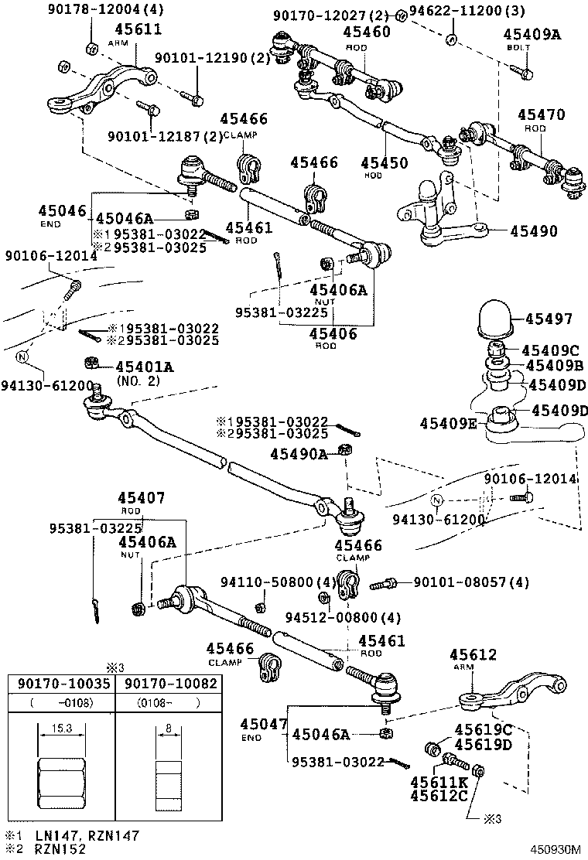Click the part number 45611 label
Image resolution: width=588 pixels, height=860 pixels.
coord(138,30)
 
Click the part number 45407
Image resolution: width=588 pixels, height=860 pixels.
coord(141,498)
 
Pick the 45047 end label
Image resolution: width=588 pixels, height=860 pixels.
coord(263,724)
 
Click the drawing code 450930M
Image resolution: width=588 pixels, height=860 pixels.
coord(555,848)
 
